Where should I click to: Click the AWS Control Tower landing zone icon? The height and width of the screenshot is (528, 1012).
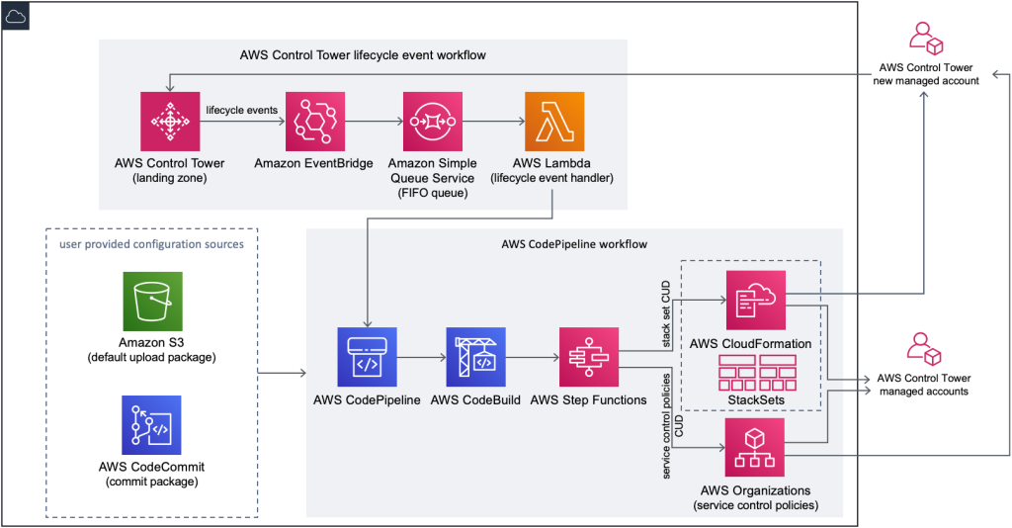coord(170,122)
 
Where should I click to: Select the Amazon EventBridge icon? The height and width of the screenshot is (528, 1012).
coord(314,122)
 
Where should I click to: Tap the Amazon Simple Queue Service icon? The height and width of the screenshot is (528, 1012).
coord(432,122)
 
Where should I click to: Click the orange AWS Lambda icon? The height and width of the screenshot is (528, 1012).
coord(553,122)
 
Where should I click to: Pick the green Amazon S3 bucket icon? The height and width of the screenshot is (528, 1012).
coord(152,302)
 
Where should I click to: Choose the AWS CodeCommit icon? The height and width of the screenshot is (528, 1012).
coord(152,425)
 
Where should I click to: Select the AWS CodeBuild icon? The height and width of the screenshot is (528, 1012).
coord(475,357)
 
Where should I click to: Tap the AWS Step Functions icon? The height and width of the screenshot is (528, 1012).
coord(589,357)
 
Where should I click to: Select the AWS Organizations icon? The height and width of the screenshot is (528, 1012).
coord(755,447)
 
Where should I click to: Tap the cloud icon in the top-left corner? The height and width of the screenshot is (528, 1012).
coord(16,15)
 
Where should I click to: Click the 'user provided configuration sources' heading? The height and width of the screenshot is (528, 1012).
coord(151,243)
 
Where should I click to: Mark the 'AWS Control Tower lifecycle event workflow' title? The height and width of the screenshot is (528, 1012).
coord(363,54)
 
